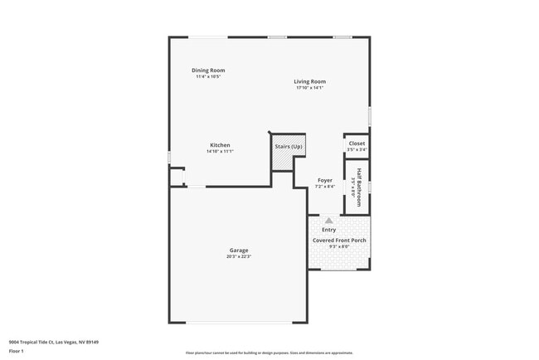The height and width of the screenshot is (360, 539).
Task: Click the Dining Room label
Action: point(208,71)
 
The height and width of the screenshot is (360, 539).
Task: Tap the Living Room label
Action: point(309,81)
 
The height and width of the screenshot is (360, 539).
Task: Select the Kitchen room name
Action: point(220,145)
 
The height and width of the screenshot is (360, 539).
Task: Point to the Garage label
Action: point(239,251)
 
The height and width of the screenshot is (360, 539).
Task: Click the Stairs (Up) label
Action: point(289,147)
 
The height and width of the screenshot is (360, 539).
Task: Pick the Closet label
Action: point(357,144)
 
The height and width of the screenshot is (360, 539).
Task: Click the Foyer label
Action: point(325,180)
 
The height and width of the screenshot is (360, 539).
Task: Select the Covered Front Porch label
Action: point(339,241)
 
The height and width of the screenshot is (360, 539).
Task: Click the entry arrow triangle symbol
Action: point(329,221)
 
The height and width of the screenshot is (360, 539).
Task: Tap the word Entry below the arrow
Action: point(329,230)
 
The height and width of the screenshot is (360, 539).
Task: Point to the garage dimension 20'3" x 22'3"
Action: point(239,257)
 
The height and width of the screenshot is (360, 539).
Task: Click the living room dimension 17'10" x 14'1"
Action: point(309,88)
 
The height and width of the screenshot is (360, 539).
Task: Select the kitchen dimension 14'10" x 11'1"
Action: point(220,152)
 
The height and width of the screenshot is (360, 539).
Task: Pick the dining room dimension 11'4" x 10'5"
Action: point(208,77)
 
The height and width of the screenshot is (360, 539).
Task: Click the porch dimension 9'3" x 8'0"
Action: point(339,247)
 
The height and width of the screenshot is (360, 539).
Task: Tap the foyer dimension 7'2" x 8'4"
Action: point(325,187)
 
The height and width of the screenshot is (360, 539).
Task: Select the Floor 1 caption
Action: point(17,351)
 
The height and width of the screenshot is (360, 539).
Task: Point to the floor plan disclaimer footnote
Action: point(269,353)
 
